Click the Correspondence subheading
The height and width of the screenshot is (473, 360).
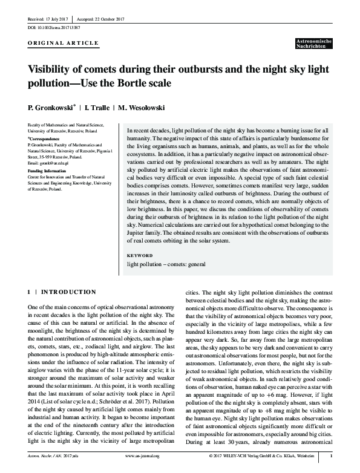point(44,139)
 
